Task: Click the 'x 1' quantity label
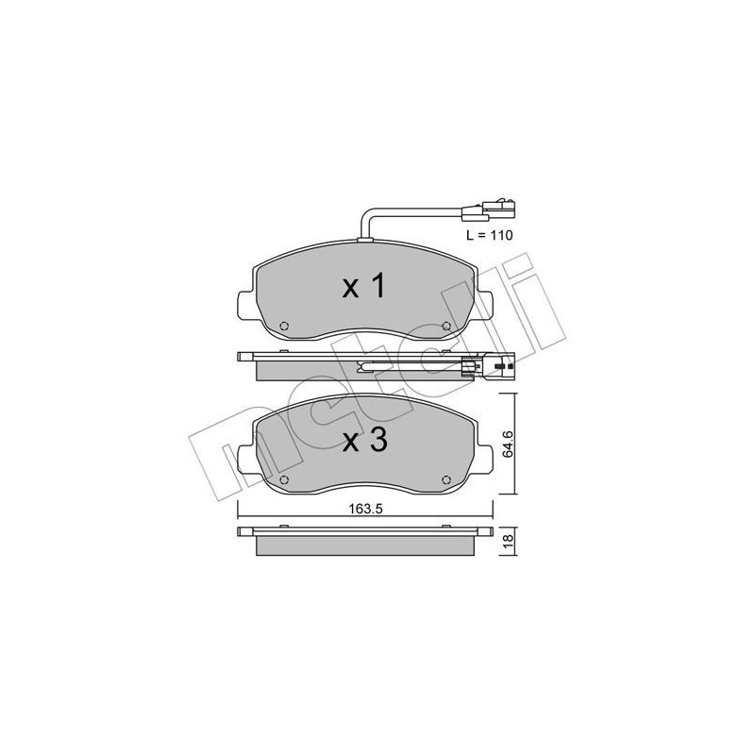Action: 364,286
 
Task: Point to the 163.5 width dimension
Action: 364,507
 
